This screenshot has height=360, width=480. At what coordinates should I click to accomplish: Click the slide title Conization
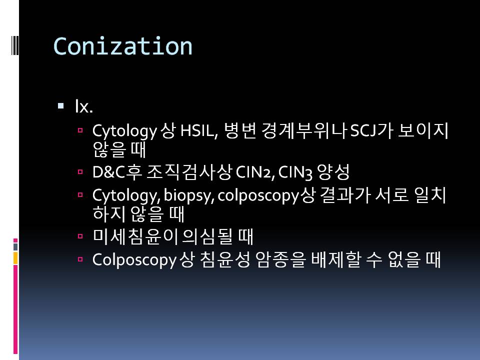click(x=123, y=46)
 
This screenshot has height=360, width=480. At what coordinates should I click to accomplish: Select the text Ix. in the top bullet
click(x=84, y=106)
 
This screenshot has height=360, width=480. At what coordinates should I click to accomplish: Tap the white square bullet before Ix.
click(x=61, y=106)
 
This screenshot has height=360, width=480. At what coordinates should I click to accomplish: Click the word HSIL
click(x=198, y=130)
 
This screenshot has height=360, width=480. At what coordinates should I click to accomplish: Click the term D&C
click(x=109, y=172)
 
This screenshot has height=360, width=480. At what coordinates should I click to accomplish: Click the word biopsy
click(x=188, y=196)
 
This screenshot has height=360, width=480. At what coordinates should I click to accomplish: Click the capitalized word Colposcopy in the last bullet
click(x=134, y=260)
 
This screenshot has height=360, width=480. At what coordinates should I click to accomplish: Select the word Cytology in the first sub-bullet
click(x=124, y=131)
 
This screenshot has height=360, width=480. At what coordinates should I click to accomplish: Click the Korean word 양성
click(x=333, y=172)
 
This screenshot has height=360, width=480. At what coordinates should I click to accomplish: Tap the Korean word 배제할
click(x=336, y=260)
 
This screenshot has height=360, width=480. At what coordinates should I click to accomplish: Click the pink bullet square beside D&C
click(x=80, y=172)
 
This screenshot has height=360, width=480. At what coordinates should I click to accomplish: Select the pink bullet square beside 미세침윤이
click(x=80, y=236)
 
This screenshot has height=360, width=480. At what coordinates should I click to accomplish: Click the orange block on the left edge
click(x=15, y=258)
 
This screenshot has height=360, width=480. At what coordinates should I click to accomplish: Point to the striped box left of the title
click(x=15, y=45)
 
